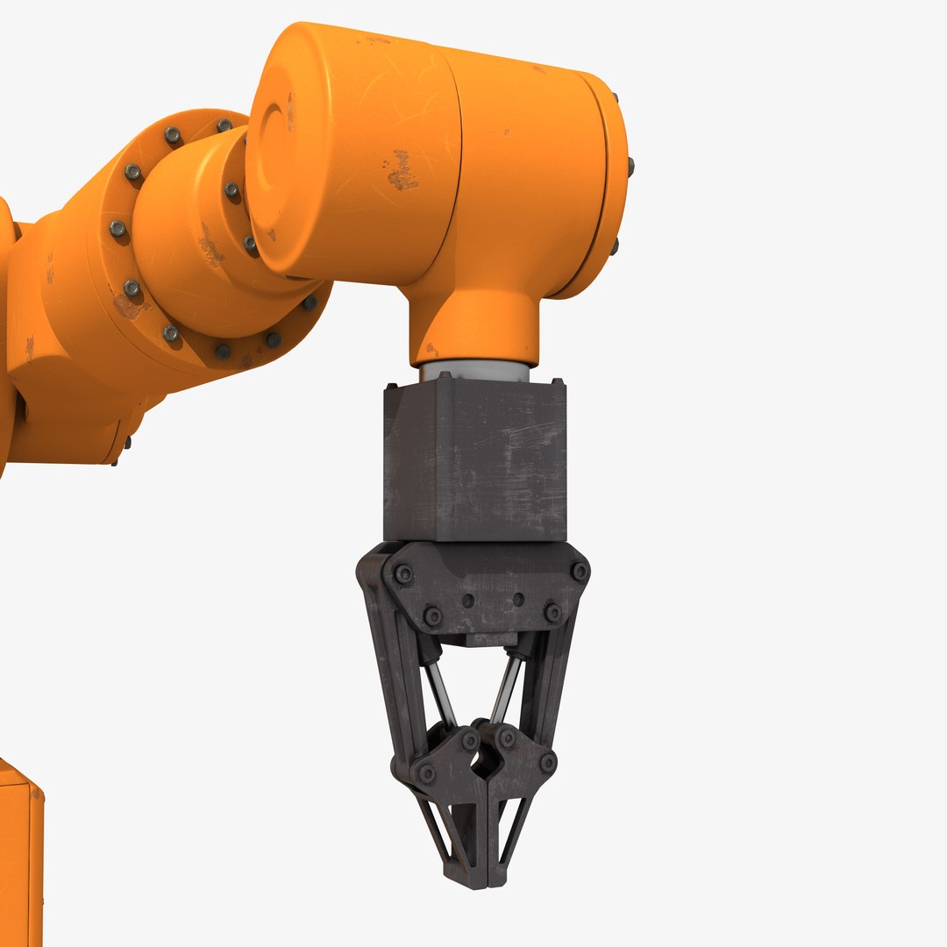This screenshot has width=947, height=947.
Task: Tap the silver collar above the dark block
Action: click(473, 372)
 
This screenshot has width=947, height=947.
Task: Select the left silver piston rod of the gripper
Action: click(441, 693)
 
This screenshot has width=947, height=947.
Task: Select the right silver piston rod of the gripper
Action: click(507, 689)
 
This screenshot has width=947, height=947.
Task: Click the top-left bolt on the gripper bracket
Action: click(403, 575)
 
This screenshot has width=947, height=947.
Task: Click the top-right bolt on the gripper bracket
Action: click(580, 571)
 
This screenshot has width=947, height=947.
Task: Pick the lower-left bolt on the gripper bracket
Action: click(432, 616)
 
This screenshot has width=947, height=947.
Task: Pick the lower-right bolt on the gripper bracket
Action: click(552, 612)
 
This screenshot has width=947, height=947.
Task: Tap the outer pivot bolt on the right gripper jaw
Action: click(547, 763)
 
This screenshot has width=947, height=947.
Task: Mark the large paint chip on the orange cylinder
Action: click(402, 170)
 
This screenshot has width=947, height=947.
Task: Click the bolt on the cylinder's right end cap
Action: click(630, 164)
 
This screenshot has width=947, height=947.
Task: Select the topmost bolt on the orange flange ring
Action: click(173, 135)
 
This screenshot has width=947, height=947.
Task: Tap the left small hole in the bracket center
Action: click(468, 602)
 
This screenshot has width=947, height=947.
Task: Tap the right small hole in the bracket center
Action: click(518, 600)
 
